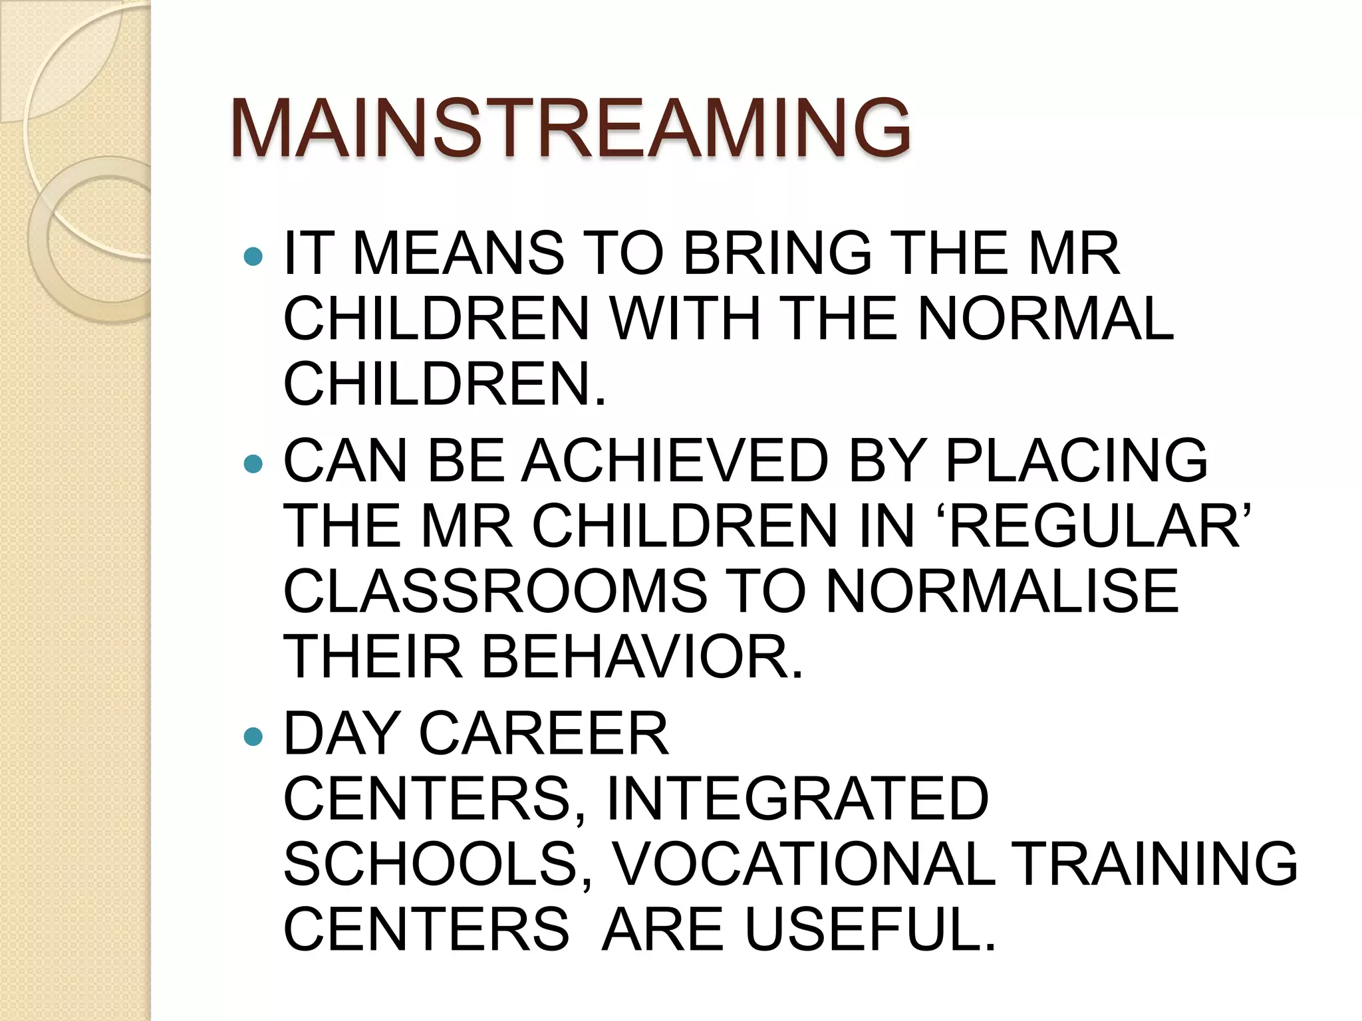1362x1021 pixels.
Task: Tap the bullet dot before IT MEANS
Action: pyautogui.click(x=253, y=256)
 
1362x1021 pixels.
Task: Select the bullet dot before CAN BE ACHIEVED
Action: pyautogui.click(x=253, y=463)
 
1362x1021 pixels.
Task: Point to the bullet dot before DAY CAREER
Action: pyautogui.click(x=253, y=736)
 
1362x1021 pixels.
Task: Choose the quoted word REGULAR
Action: pyautogui.click(x=1096, y=526)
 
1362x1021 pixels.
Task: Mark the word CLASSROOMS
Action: pyautogui.click(x=495, y=591)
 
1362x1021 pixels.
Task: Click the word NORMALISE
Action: pyautogui.click(x=1002, y=591)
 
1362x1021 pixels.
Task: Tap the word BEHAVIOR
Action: pyautogui.click(x=642, y=657)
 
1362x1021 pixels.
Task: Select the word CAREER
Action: pyautogui.click(x=543, y=733)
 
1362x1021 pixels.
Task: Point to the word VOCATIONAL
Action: pyautogui.click(x=803, y=863)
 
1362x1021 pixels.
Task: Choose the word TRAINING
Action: pyautogui.click(x=1157, y=863)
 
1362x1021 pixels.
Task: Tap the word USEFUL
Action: pyautogui.click(x=870, y=929)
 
